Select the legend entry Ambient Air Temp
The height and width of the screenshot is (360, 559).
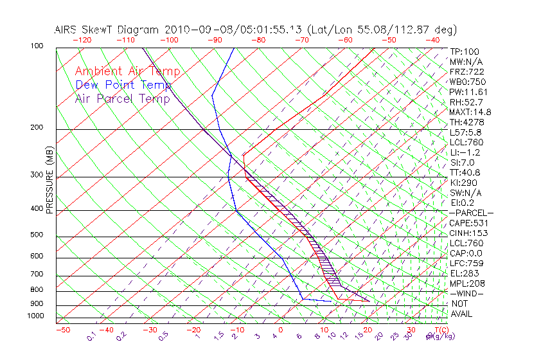(127, 71)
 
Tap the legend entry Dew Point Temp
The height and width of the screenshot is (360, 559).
(123, 85)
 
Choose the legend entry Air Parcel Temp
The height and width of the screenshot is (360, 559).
(123, 98)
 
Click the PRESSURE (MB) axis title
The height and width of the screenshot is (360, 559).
(49, 179)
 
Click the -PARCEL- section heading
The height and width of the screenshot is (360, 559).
(471, 213)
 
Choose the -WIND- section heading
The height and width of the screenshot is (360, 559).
(466, 293)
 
